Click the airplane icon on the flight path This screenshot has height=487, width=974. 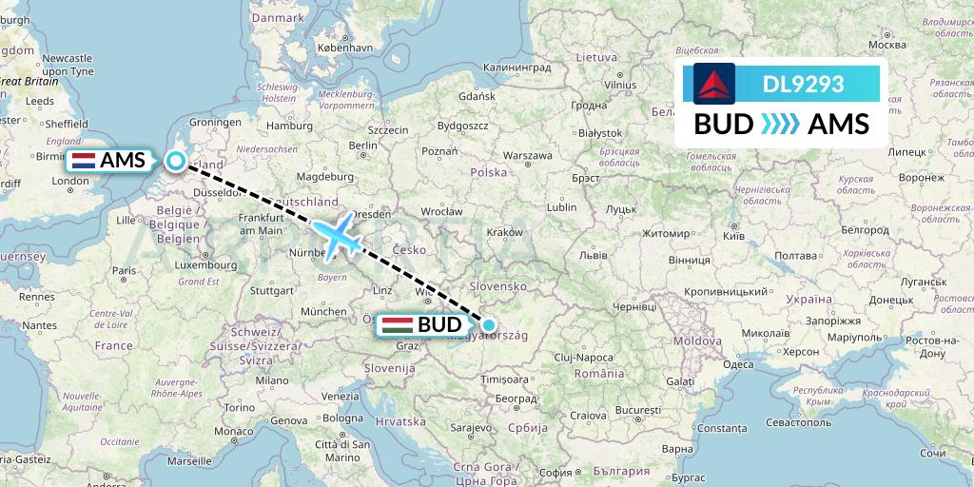(336, 234)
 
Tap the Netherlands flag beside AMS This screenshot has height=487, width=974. (82, 161)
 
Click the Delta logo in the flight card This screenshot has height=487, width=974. (711, 84)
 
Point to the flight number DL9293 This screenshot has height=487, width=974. (803, 84)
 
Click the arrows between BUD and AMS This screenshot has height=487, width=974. (781, 125)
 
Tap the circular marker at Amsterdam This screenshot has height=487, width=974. (176, 161)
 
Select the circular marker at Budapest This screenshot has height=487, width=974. (488, 325)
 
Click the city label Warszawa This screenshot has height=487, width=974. (527, 154)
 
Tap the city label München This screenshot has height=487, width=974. (323, 311)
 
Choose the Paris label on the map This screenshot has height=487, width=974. (123, 270)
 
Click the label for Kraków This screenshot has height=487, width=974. (504, 232)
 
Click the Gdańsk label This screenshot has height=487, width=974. (477, 96)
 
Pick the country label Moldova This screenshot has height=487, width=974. (692, 341)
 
